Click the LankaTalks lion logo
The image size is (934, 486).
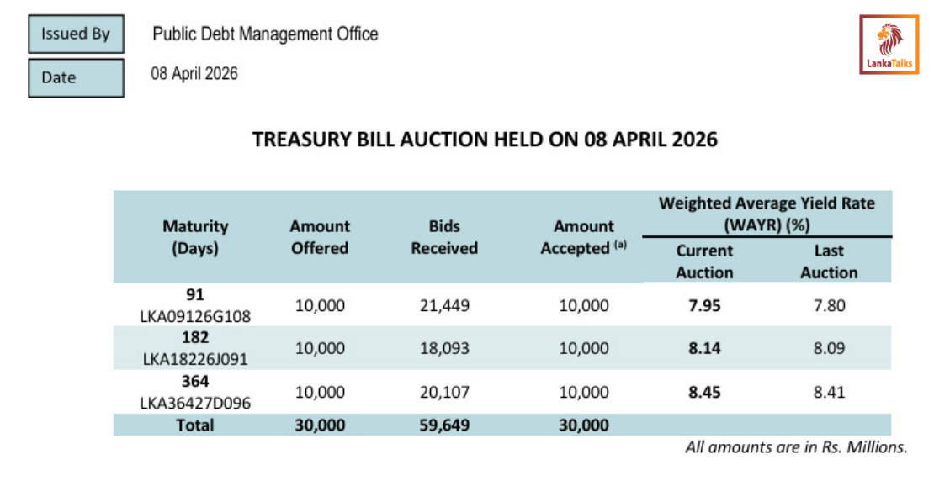coord(889,45)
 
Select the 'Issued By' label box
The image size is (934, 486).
coord(76,34)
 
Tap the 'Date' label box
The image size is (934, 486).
coord(76,77)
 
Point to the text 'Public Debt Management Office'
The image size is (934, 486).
coord(265,34)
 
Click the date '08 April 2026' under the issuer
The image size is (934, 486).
coord(194,74)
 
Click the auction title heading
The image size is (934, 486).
coord(486,140)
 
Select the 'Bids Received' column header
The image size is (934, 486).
coord(443,237)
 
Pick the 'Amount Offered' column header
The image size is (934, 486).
coord(320,237)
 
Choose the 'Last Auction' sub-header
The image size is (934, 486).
coord(829,261)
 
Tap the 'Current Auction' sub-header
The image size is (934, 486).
coord(704,261)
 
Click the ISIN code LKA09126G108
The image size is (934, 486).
coord(195,315)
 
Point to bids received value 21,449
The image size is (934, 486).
coord(444,305)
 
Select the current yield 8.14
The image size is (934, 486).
coord(704,348)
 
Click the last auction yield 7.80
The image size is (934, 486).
coord(829,305)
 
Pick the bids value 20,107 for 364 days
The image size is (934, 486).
coord(444,392)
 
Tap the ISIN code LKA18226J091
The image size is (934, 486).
coord(195,358)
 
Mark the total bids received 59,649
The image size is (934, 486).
coord(444,425)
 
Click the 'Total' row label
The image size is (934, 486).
coord(195,425)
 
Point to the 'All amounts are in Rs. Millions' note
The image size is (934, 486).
coord(796,447)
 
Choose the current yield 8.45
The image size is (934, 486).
coord(704,392)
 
